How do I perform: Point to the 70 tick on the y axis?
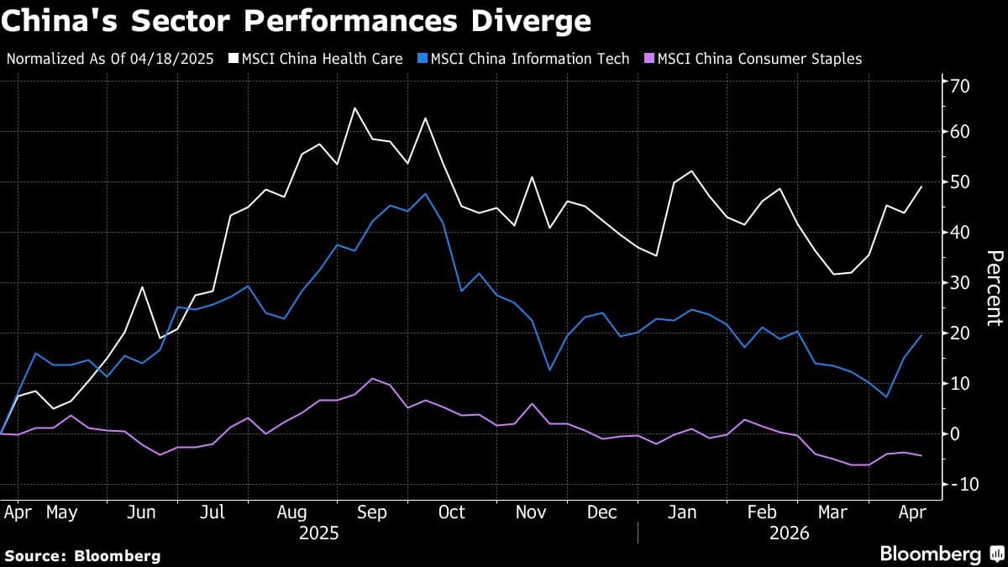(x=960, y=85)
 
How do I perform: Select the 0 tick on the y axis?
(x=955, y=433)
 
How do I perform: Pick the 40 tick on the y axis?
(x=960, y=233)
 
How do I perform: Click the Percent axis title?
(x=994, y=287)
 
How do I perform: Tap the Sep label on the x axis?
(x=371, y=512)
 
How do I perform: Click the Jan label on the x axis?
(x=681, y=512)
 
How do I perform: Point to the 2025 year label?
(x=318, y=533)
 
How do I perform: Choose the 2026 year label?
(x=790, y=533)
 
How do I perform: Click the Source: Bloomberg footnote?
(x=82, y=555)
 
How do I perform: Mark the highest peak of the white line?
(x=354, y=108)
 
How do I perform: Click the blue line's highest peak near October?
(x=426, y=193)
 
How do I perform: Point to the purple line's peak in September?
(x=373, y=378)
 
